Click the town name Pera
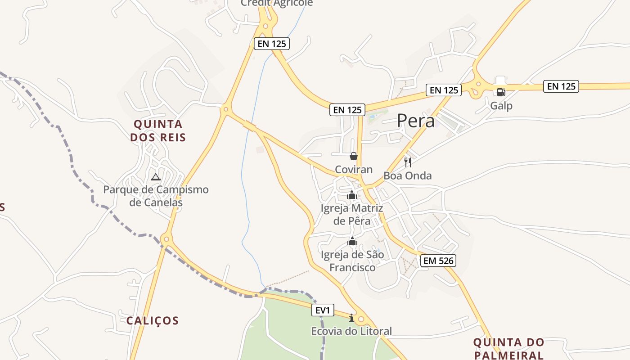[x=416, y=121]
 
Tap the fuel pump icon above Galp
[x=501, y=92]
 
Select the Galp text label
[x=501, y=106]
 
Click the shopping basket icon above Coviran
[x=354, y=156]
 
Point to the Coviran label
[x=354, y=170]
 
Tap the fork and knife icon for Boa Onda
[x=408, y=162]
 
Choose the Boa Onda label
[x=408, y=175]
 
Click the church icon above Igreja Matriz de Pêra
[x=352, y=195]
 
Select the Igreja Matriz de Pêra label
[x=352, y=215]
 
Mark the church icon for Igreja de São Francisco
[x=352, y=242]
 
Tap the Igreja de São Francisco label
[x=352, y=261]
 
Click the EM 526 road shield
[x=438, y=260]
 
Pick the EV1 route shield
[x=323, y=310]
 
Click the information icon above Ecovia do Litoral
[x=351, y=318]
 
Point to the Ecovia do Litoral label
[x=351, y=332]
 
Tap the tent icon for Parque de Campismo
[x=156, y=177]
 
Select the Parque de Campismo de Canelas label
[x=156, y=196]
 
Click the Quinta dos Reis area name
[x=158, y=130]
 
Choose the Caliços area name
[x=153, y=321]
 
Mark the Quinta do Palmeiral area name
[x=509, y=349]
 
